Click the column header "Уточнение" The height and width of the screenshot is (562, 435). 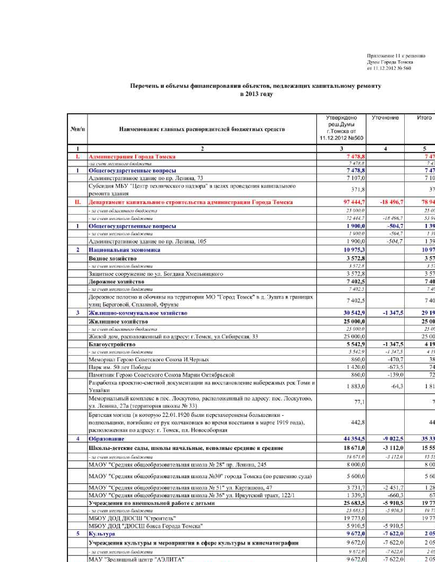click(x=385, y=118)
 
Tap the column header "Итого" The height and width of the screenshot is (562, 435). click(x=424, y=118)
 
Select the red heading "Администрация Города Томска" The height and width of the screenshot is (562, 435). click(x=132, y=157)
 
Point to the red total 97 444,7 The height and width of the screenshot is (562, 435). click(x=354, y=202)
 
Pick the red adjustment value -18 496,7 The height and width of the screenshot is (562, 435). click(x=391, y=202)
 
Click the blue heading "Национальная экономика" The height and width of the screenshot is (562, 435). click(x=124, y=250)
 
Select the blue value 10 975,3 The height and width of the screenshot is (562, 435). click(x=354, y=250)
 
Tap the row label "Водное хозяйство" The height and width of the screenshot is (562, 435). click(x=113, y=259)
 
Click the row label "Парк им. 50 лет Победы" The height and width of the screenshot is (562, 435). click(x=120, y=367)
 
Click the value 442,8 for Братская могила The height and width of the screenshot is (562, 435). click(x=358, y=422)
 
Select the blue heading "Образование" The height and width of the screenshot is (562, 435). click(x=106, y=439)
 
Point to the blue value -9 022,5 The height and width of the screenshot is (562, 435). click(x=393, y=439)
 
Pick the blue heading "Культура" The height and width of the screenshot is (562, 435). click(x=102, y=534)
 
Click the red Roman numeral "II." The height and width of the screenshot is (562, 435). click(x=77, y=202)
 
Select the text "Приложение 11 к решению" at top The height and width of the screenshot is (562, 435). click(x=396, y=56)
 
